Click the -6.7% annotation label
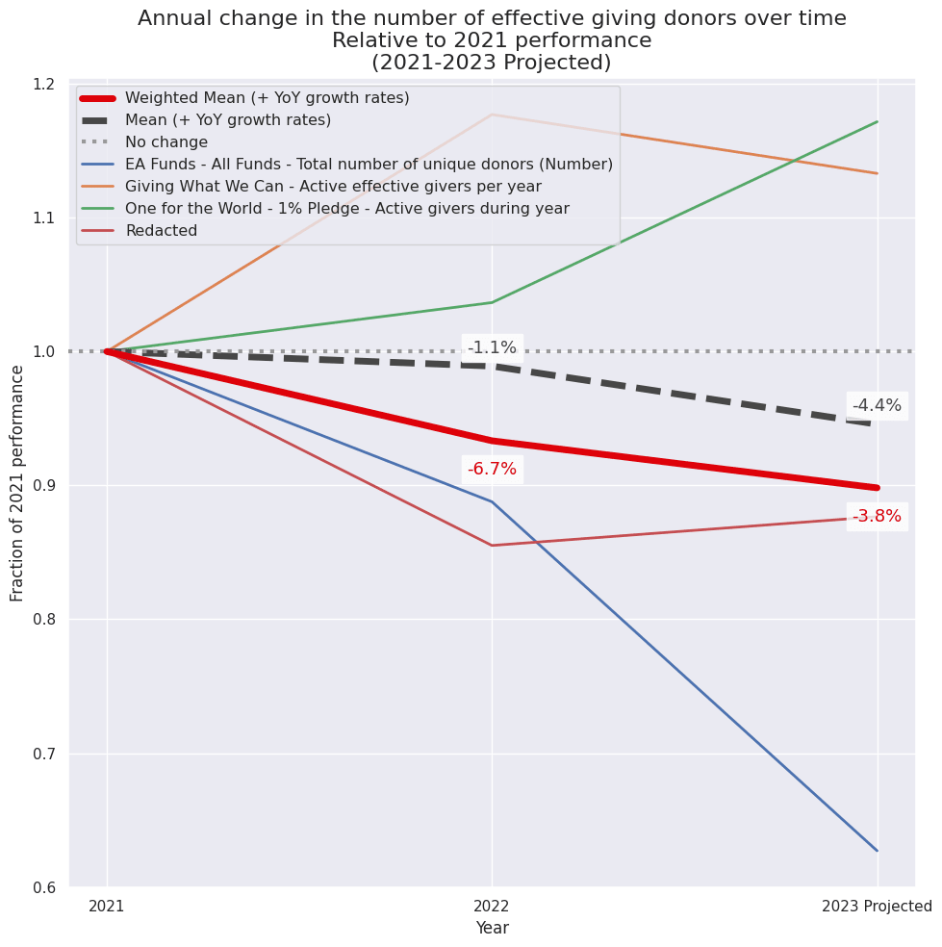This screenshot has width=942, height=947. pyautogui.click(x=492, y=470)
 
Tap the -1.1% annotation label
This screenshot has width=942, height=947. pyautogui.click(x=492, y=348)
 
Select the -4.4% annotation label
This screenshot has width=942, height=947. pyautogui.click(x=877, y=406)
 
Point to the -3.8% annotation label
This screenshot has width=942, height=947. pyautogui.click(x=877, y=517)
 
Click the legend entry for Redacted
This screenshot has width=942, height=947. pyautogui.click(x=161, y=231)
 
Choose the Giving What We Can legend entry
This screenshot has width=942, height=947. pyautogui.click(x=333, y=187)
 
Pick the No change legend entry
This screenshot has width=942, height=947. pyautogui.click(x=166, y=142)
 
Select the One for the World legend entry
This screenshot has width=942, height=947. pyautogui.click(x=346, y=209)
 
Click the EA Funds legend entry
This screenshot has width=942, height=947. pyautogui.click(x=369, y=165)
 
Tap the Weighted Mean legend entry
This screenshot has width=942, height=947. pyautogui.click(x=267, y=98)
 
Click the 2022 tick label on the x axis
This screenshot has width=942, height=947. pyautogui.click(x=492, y=907)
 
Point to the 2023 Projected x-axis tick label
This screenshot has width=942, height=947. pyautogui.click(x=877, y=907)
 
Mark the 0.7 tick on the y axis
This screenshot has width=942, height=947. pyautogui.click(x=41, y=754)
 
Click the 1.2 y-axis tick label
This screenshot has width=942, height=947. pyautogui.click(x=41, y=85)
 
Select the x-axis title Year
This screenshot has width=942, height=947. pyautogui.click(x=492, y=929)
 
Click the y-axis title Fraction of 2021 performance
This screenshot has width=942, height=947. pyautogui.click(x=17, y=483)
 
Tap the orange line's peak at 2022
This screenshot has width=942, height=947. pyautogui.click(x=492, y=115)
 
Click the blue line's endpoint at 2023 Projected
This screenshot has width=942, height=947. pyautogui.click(x=877, y=851)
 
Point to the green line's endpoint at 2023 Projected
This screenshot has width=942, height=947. pyautogui.click(x=877, y=121)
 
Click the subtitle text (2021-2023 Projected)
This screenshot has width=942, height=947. pyautogui.click(x=492, y=64)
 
